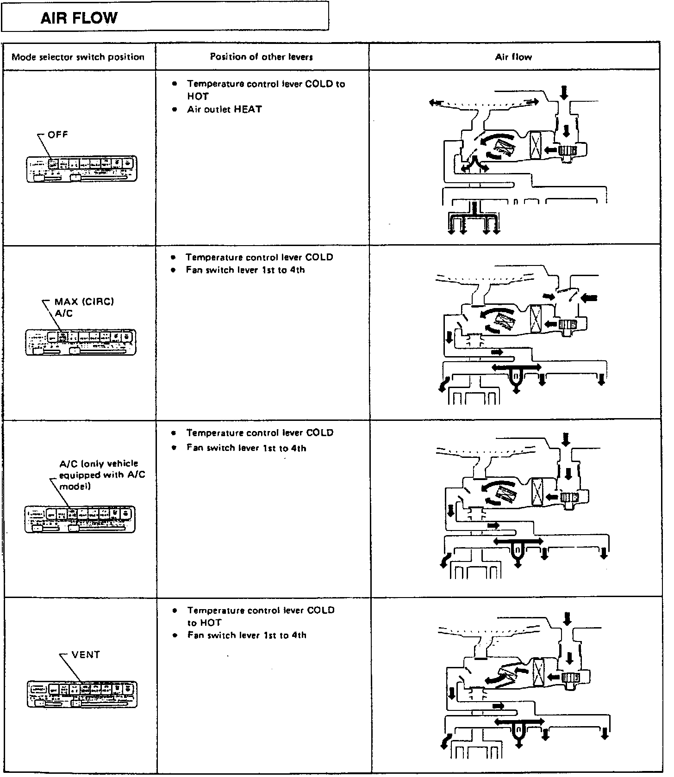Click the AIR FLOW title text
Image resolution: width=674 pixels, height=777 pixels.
click(x=79, y=18)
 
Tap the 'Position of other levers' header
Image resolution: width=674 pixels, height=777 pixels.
click(x=262, y=57)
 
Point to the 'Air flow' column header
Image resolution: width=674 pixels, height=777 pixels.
click(x=513, y=57)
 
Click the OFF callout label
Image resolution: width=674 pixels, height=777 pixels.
click(x=58, y=135)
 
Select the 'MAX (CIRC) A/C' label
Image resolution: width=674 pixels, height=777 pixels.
click(x=84, y=308)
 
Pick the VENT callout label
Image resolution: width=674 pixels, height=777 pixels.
click(x=86, y=655)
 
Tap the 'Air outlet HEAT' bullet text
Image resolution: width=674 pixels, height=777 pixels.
click(x=225, y=110)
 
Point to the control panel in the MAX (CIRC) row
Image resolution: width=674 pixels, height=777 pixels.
click(x=81, y=342)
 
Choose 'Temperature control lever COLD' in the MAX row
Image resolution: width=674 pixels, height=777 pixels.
click(x=259, y=257)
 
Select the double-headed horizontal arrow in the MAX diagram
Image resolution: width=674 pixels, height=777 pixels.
click(x=516, y=367)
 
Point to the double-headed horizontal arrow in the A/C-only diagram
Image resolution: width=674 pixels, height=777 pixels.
click(x=519, y=541)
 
